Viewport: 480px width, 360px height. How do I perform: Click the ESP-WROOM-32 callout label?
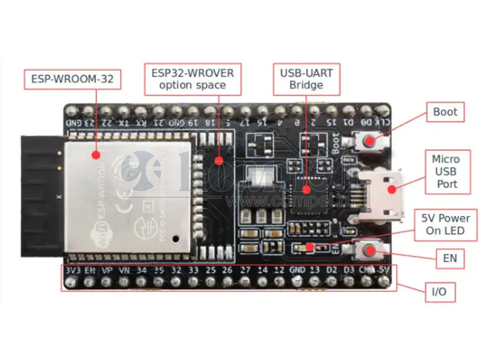click(72, 79)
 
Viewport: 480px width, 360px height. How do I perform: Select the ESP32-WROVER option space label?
click(193, 79)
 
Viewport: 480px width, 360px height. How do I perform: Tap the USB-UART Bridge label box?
click(306, 79)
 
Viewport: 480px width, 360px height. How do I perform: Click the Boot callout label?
click(445, 112)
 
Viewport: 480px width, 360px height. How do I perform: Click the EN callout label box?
click(449, 259)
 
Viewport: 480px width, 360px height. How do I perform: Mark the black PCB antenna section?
click(42, 195)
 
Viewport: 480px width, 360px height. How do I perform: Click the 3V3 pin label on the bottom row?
click(71, 271)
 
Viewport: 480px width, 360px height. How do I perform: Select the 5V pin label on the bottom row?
click(385, 271)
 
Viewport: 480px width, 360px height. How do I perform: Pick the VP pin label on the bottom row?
click(106, 271)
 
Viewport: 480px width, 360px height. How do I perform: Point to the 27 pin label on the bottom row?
click(245, 271)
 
